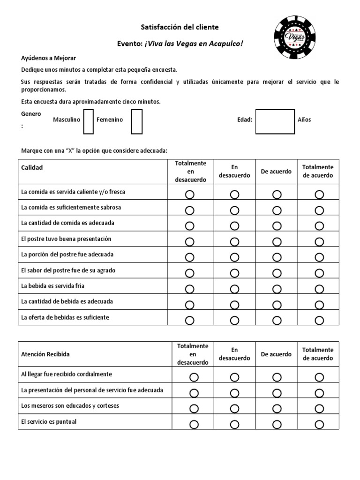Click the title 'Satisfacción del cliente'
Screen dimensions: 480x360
coord(180,28)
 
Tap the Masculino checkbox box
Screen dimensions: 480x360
coord(88,121)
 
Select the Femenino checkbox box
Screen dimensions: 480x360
coord(136,121)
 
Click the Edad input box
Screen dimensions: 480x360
coord(275,121)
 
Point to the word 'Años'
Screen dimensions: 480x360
coord(304,120)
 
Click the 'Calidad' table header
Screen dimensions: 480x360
coord(32,167)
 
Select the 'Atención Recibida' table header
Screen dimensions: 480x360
coord(45,354)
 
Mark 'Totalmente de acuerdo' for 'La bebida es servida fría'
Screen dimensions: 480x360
coord(319,289)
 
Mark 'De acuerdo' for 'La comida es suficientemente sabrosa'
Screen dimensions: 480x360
coord(277,210)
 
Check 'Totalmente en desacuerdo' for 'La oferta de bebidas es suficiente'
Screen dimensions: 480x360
coord(189,321)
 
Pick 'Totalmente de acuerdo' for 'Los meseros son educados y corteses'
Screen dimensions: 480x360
coord(319,409)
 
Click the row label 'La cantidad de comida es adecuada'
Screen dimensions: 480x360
coord(67,223)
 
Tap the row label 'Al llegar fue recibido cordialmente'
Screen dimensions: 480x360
coord(67,374)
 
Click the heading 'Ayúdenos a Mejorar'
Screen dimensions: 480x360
coord(48,58)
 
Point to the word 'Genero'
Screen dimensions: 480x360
coord(31,114)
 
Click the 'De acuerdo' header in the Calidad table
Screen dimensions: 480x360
coord(276,172)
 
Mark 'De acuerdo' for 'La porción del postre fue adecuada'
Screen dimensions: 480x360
coord(277,257)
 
